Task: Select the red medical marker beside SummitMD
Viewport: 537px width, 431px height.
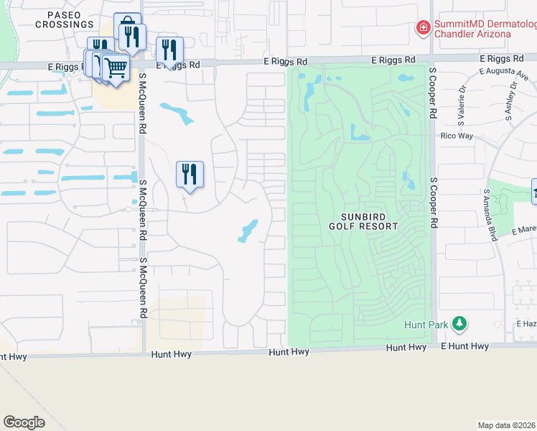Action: [x=424, y=28]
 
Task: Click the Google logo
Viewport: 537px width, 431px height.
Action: [x=24, y=422]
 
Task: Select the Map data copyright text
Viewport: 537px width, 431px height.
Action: [x=507, y=425]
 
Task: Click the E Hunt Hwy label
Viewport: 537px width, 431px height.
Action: [x=464, y=346]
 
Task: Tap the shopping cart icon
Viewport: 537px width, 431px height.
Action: [x=115, y=68]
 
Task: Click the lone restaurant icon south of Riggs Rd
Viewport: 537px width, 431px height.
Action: [x=190, y=174]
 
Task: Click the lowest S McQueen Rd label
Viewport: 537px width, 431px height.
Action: [x=144, y=288]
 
